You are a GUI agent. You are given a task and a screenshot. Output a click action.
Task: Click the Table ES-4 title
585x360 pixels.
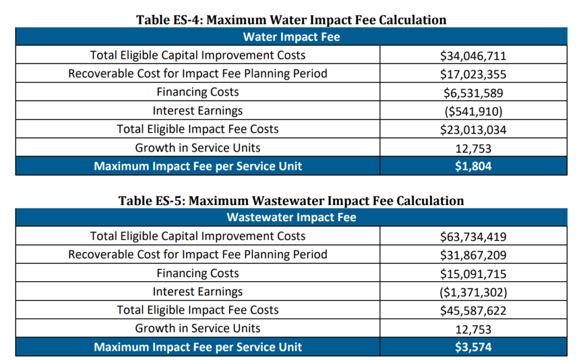[x=291, y=19]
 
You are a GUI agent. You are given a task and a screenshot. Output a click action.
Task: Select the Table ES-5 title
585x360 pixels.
[x=291, y=201]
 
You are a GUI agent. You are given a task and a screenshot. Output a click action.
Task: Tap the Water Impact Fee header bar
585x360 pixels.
[x=291, y=37]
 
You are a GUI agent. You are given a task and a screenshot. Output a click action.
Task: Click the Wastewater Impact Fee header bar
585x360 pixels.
[x=291, y=218]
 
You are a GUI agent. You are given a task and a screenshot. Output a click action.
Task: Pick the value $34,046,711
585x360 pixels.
[x=473, y=56]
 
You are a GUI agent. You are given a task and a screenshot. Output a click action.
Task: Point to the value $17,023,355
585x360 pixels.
[x=473, y=74]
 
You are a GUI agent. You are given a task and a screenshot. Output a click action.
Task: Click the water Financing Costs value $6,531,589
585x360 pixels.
[x=473, y=93]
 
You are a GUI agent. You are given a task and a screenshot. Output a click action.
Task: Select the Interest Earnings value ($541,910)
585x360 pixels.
[x=473, y=111]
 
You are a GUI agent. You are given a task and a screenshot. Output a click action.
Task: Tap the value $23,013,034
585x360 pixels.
[x=473, y=130]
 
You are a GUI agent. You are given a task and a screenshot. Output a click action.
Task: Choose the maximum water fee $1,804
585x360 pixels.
[x=473, y=166]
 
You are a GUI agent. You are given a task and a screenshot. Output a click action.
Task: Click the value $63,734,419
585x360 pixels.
[x=473, y=237]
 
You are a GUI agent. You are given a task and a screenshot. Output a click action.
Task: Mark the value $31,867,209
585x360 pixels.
[x=473, y=255]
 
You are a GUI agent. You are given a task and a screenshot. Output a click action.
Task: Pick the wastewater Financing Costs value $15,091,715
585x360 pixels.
[x=473, y=273]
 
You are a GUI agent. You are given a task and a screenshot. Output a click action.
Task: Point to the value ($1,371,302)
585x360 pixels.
[x=473, y=292]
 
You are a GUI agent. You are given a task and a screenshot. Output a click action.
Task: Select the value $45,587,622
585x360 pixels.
[x=473, y=310]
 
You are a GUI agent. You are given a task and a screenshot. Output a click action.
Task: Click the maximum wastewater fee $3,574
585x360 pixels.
[x=473, y=347]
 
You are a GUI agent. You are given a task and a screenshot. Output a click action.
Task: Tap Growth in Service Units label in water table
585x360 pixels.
[x=198, y=148]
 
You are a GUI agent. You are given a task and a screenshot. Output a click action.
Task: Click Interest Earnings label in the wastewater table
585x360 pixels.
[x=198, y=291]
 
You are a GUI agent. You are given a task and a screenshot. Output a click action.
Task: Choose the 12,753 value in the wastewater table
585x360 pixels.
[x=473, y=329]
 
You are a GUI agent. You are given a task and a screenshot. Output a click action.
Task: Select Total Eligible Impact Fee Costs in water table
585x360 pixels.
[x=198, y=129]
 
